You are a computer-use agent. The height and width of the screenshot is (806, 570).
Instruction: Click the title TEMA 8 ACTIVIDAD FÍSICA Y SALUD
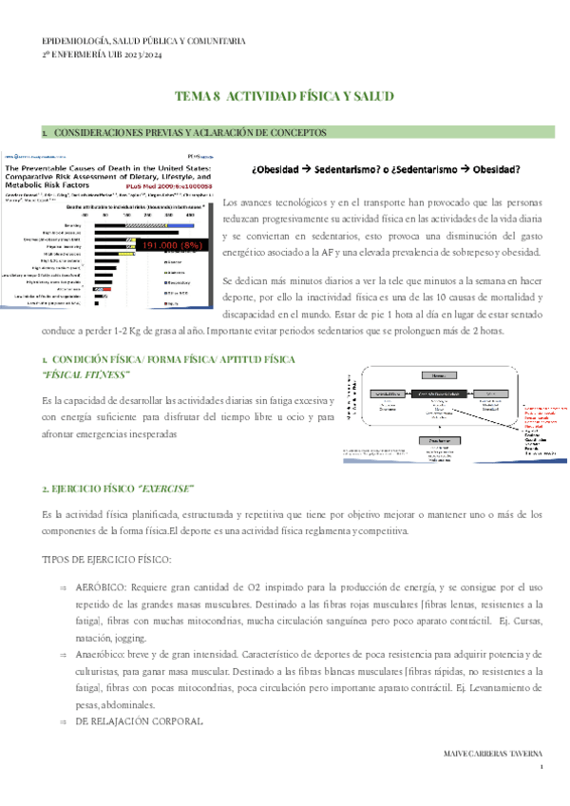pyautogui.click(x=284, y=98)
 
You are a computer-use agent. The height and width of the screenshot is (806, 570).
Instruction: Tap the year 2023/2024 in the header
pyautogui.click(x=157, y=56)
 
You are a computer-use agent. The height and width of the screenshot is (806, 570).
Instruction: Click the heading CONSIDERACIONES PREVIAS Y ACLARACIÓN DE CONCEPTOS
pyautogui.click(x=190, y=132)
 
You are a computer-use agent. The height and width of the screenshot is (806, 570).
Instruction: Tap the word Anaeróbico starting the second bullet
pyautogui.click(x=102, y=654)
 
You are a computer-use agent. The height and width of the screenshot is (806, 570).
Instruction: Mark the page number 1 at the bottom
pyautogui.click(x=541, y=768)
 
